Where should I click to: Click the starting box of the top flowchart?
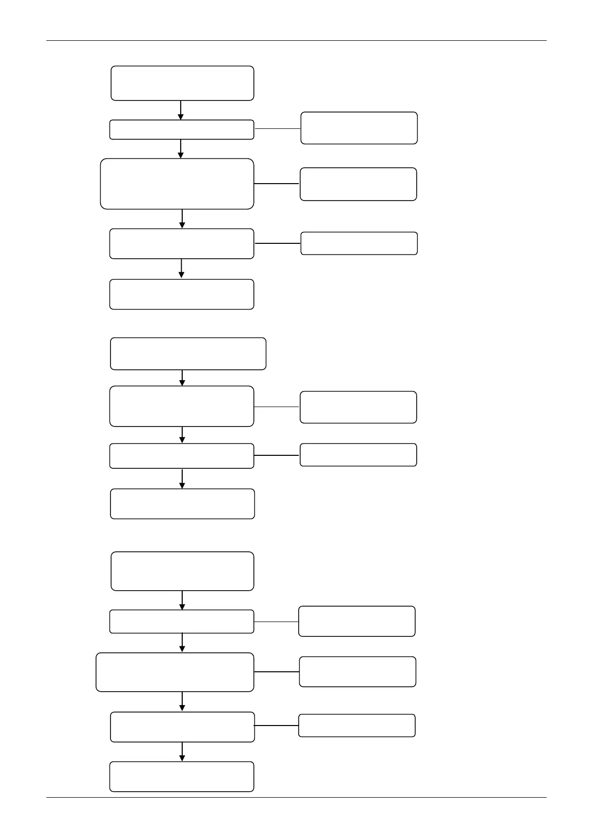click(x=182, y=83)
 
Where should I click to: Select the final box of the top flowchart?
click(x=182, y=294)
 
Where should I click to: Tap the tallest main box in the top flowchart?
click(x=177, y=184)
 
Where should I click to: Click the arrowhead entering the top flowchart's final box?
click(x=181, y=275)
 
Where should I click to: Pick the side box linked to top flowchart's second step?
click(x=359, y=128)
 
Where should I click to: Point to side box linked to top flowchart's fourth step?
click(x=359, y=243)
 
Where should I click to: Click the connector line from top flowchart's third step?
click(x=277, y=184)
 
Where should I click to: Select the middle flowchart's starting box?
click(x=188, y=354)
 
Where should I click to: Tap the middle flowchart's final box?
click(x=182, y=504)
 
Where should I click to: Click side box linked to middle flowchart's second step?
click(x=358, y=407)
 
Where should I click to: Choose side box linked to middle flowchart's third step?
click(x=358, y=455)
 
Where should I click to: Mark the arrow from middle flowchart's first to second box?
click(x=182, y=378)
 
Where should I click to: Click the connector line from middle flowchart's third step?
click(x=277, y=455)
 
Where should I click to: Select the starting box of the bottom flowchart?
click(x=182, y=571)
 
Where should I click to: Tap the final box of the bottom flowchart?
click(x=182, y=776)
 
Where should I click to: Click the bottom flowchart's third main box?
click(x=175, y=672)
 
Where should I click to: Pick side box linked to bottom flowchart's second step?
click(x=356, y=621)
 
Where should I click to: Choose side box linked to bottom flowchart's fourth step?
click(x=356, y=725)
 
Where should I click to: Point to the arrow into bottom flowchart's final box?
click(x=182, y=752)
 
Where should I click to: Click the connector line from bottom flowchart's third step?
click(x=276, y=672)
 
